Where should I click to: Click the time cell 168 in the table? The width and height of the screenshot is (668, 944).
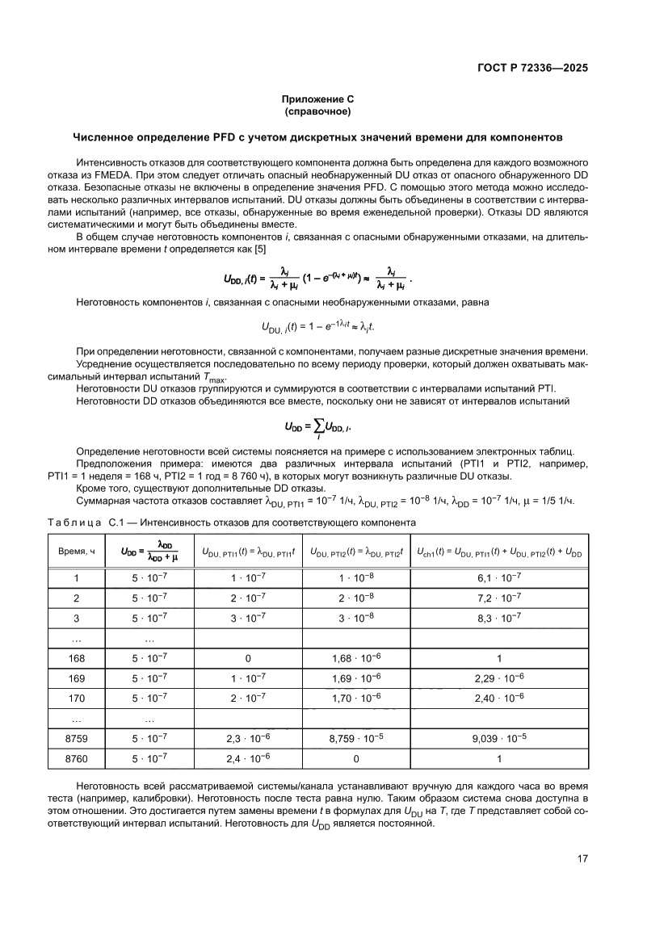[77, 657]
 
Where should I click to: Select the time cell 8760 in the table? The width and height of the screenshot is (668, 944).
[77, 758]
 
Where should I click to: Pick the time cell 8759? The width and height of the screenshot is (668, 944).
[77, 738]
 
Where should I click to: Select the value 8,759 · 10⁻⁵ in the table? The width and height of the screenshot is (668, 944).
[355, 738]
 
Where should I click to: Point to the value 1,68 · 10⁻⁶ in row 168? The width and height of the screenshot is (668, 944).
[355, 657]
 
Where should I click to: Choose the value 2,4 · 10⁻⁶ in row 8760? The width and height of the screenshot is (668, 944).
[248, 758]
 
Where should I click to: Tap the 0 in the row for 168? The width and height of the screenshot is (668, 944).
[248, 657]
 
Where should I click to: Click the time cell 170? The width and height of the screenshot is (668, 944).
[77, 698]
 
